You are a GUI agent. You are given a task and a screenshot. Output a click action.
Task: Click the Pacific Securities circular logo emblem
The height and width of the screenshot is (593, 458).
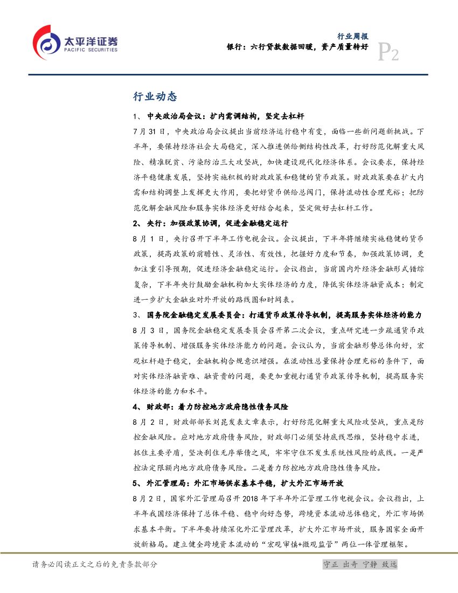46,42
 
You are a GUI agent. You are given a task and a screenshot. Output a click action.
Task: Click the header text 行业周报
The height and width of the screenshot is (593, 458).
352,37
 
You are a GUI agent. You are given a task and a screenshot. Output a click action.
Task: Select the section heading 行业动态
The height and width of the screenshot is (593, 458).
155,97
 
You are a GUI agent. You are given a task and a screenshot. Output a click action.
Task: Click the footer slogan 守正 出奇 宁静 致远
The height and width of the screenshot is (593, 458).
359,564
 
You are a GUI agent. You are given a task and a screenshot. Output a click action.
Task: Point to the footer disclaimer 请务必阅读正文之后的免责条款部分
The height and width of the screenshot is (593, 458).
95,564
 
